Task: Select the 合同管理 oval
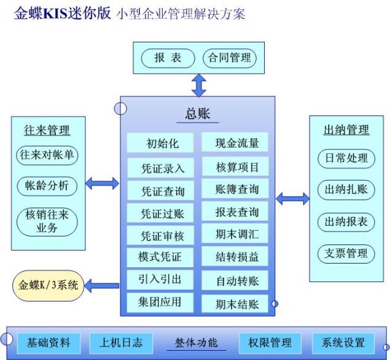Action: pos(230,58)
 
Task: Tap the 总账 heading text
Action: pos(198,114)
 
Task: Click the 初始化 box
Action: pos(163,143)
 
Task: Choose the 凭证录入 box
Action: pos(163,168)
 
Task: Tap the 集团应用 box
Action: pos(162,302)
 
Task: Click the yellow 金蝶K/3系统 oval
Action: pos(49,285)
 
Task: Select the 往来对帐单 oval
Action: pos(48,155)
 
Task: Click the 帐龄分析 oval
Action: pos(48,185)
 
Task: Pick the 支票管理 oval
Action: pos(346,252)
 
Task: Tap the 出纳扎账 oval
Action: pos(346,190)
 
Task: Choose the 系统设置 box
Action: pos(343,342)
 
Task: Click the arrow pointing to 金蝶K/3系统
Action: pos(103,285)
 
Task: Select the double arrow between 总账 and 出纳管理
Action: pos(292,198)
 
